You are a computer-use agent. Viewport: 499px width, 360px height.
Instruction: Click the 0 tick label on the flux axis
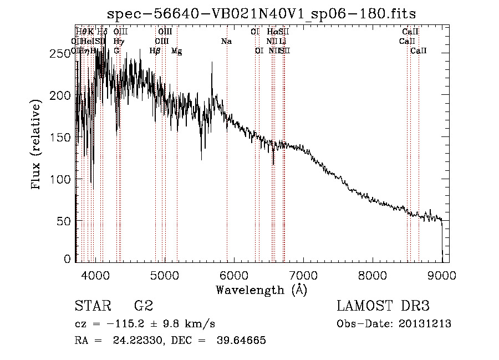click(x=67, y=259)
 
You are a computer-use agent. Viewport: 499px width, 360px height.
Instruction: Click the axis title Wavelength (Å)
click(x=261, y=290)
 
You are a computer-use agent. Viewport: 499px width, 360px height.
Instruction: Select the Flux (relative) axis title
click(x=37, y=145)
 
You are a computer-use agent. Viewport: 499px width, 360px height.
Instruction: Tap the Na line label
click(x=226, y=41)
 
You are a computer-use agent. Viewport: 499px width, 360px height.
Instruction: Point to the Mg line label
click(x=176, y=51)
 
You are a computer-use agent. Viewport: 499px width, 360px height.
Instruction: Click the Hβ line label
click(x=155, y=51)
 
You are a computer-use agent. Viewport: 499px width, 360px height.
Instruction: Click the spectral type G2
click(x=144, y=306)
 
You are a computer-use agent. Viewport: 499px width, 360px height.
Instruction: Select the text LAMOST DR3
click(x=383, y=306)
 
